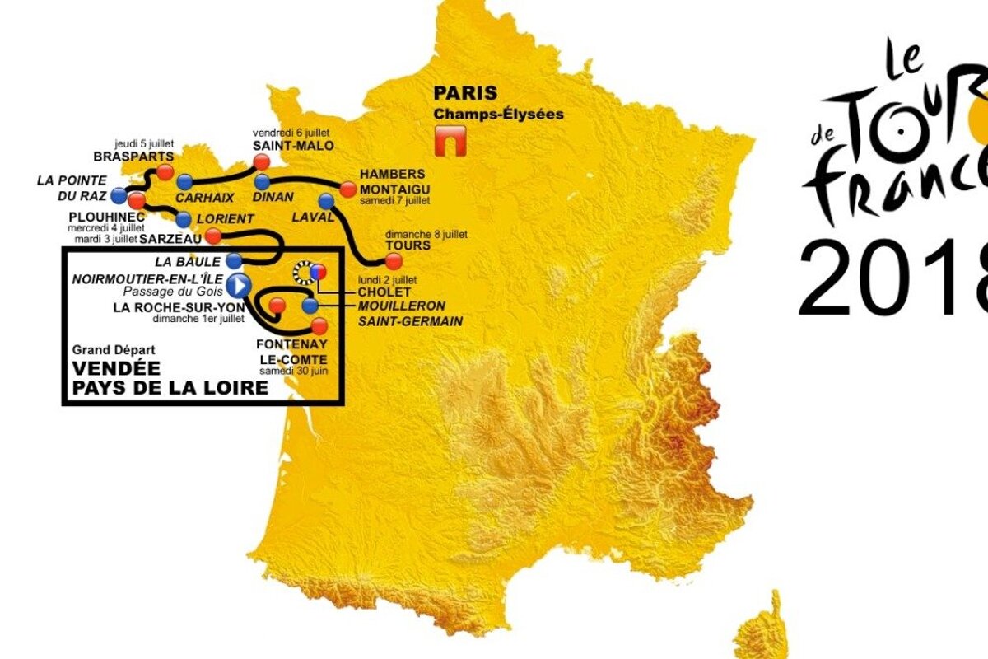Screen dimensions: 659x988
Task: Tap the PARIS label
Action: point(464,95)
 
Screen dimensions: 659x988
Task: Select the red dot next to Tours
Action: point(394,261)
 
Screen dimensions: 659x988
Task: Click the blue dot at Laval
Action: point(326,199)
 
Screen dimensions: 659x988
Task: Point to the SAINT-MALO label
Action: point(282,146)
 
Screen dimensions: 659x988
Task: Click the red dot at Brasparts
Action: point(165,171)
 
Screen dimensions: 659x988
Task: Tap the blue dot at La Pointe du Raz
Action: point(119,195)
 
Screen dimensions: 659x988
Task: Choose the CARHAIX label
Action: point(198,198)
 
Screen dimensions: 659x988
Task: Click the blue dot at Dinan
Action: point(262,181)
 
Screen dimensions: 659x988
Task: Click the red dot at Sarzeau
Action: point(212,237)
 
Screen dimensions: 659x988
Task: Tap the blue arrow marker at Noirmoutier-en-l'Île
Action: point(239,285)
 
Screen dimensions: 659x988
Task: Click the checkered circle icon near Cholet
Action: point(303,271)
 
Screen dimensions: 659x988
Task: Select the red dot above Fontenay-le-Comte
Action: point(319,325)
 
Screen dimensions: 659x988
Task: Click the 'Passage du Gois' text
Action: point(173,292)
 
